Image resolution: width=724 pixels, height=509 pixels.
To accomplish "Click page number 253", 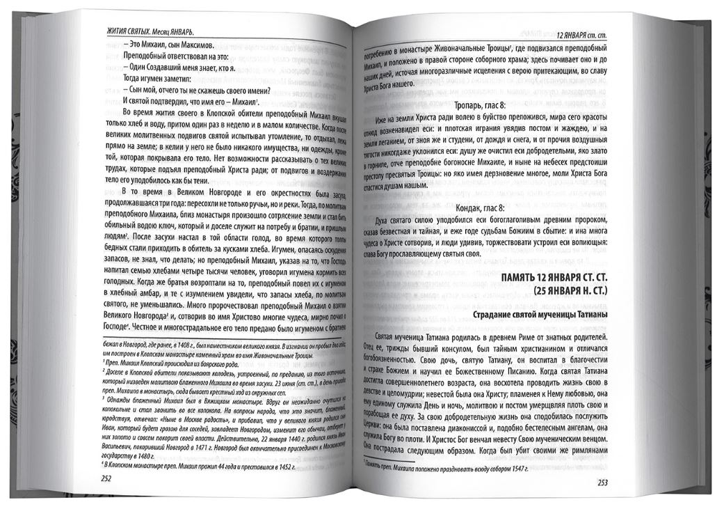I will tap(600, 485).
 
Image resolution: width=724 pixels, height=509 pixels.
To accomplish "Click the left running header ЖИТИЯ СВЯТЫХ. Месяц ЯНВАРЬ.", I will tap(150, 32).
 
